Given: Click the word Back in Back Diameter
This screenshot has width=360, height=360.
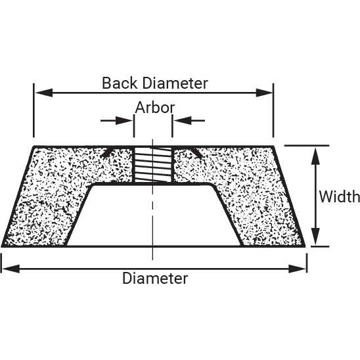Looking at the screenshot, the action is [120, 83].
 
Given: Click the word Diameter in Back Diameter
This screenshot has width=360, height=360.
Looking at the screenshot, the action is [175, 83].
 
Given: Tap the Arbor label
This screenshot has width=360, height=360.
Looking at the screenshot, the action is [155, 108].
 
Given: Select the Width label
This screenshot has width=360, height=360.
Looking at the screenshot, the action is [340, 197].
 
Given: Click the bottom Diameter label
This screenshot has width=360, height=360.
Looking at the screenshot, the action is [155, 279].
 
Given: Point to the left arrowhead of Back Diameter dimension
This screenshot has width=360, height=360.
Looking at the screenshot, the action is [44, 93].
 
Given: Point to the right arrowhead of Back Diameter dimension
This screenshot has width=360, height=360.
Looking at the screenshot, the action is [264, 93].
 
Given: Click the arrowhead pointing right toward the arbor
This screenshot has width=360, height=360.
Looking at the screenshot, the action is [124, 120].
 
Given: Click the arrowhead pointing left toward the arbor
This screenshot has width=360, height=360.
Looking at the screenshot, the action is [182, 120].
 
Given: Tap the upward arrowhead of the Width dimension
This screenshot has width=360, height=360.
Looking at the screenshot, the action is [316, 156].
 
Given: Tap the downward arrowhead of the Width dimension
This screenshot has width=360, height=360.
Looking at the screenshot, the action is [316, 236].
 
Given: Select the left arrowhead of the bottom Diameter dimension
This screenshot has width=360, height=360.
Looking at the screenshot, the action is [11, 269].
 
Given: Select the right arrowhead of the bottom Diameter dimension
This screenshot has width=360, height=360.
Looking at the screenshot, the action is [298, 269].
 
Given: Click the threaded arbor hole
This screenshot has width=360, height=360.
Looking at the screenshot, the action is [153, 165].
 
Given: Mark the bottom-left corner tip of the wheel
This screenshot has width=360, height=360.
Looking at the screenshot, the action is [2, 247].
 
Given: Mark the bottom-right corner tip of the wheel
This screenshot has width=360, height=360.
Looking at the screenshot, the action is [305, 247].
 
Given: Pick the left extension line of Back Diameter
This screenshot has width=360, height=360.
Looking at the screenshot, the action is [34, 110].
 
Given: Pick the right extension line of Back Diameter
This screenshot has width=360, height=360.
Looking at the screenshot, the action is [273, 110].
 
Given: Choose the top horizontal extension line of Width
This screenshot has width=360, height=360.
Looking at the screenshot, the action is [307, 145].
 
